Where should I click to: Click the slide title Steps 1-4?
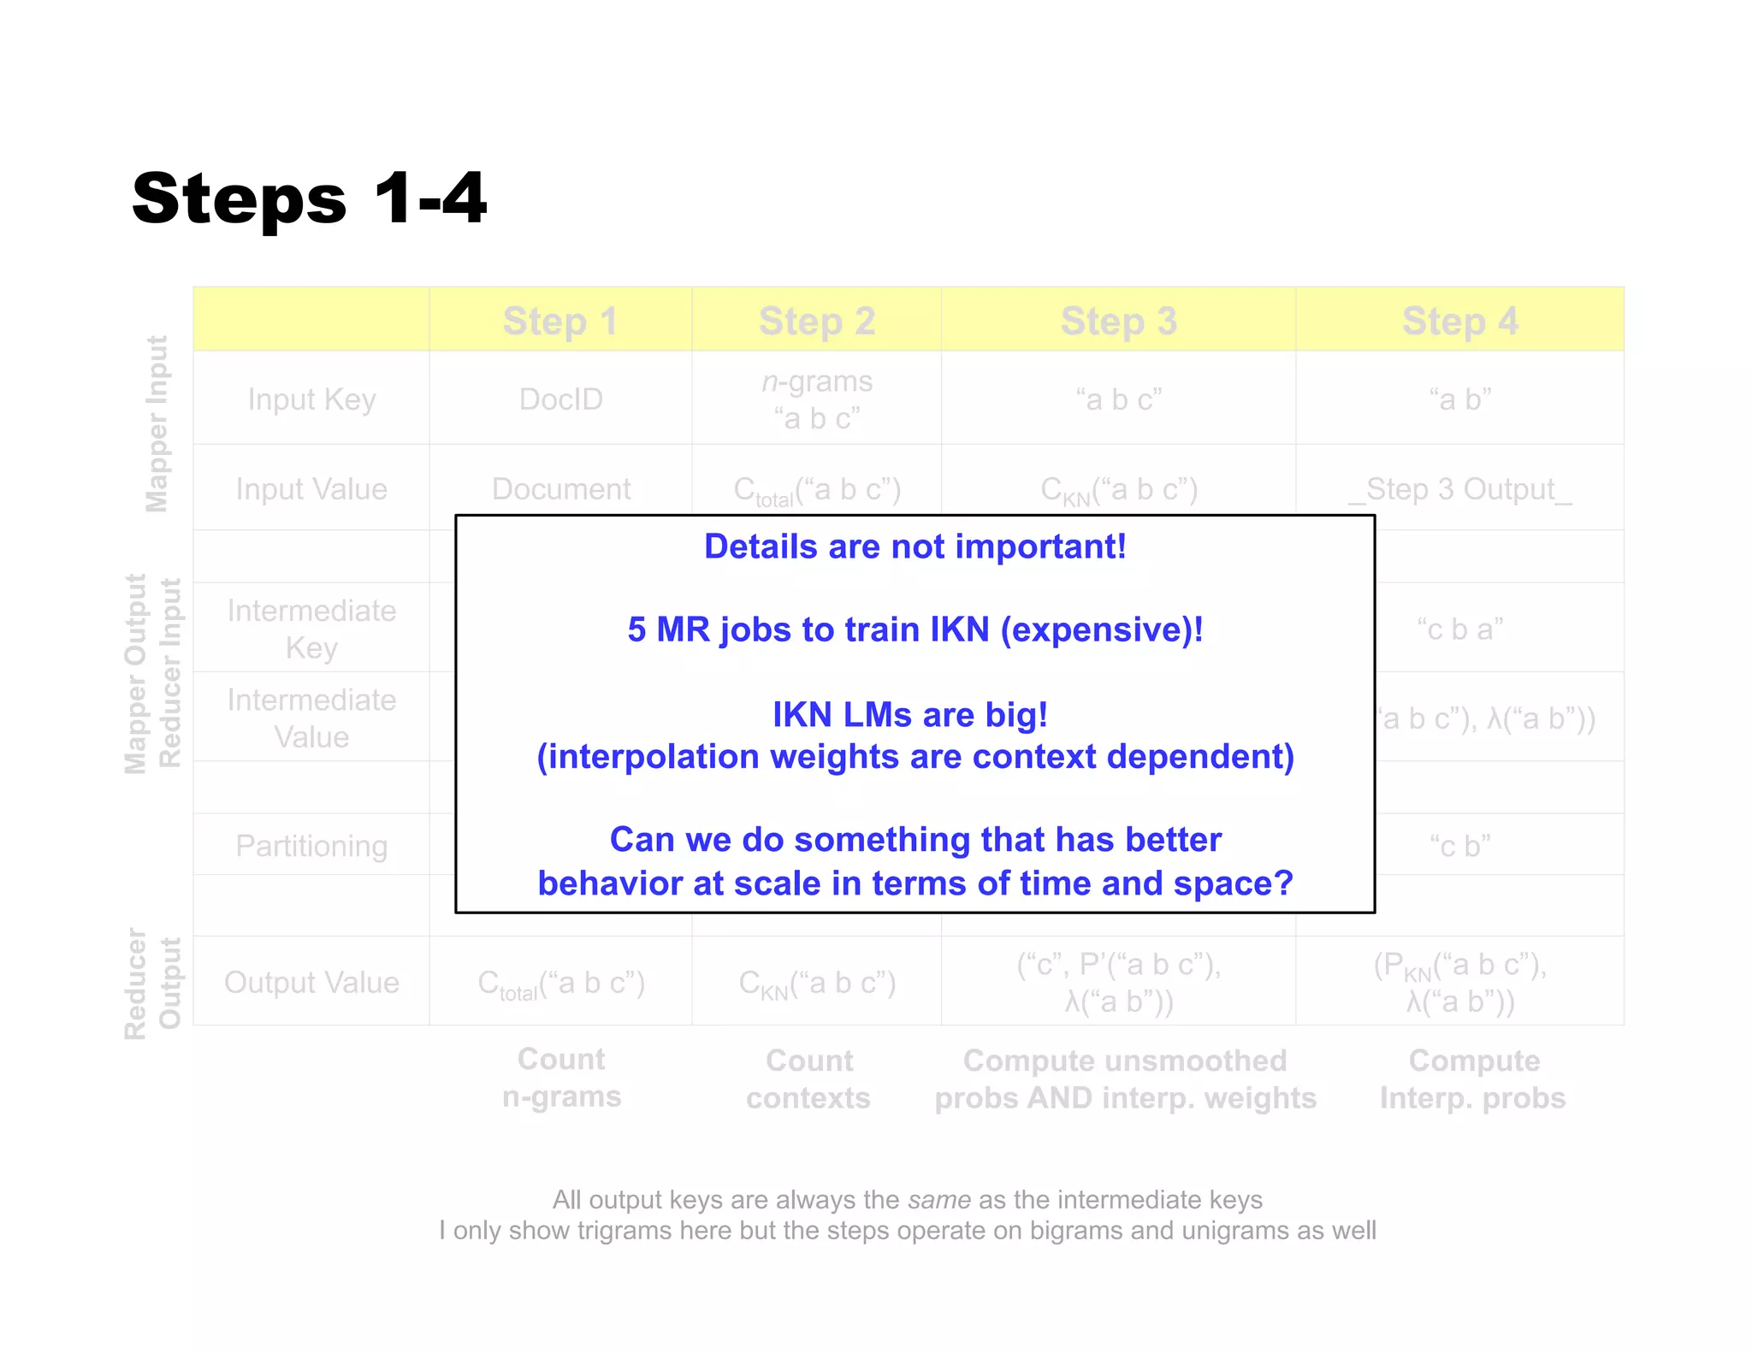(309, 198)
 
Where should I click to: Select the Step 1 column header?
(559, 322)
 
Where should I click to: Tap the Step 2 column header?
(816, 322)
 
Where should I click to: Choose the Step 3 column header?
(1118, 322)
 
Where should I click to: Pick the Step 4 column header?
(1459, 322)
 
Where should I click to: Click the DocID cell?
(560, 399)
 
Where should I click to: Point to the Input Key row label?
(311, 399)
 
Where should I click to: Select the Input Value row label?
(311, 489)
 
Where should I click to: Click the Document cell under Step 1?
(560, 489)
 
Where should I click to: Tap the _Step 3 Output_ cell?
(1459, 489)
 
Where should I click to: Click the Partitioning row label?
(311, 846)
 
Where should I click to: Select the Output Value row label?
(311, 983)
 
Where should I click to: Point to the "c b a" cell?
(1459, 629)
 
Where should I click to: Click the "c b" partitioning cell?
(1459, 846)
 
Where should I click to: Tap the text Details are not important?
(914, 547)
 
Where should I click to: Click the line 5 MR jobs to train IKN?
(914, 629)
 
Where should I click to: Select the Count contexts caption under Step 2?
(808, 1079)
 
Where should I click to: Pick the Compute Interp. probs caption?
(1473, 1079)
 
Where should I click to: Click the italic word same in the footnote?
(938, 1200)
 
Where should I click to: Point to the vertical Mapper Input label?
(157, 423)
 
